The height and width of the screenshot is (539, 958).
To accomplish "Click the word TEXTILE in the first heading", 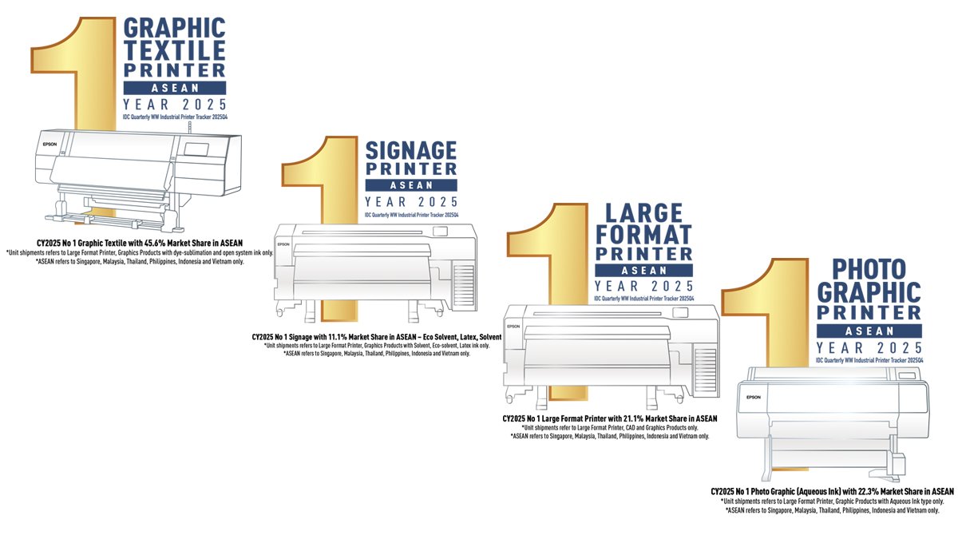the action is point(175,50).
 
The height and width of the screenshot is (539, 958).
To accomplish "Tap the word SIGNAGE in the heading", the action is point(411,151).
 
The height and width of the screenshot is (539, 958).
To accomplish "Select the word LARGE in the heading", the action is point(643,213).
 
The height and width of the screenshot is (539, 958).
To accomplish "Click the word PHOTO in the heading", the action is point(869,269).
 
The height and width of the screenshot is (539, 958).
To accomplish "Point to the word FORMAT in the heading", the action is point(643,235).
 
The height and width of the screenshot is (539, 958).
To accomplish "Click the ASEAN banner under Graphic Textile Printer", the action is point(175,88).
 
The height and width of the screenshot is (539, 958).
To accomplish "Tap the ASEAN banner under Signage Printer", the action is point(411,185).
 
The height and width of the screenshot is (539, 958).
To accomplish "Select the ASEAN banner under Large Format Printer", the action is point(643,271).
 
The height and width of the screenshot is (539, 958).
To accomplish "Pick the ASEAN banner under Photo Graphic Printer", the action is point(869,331).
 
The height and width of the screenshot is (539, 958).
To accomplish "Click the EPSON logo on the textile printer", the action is point(49,145).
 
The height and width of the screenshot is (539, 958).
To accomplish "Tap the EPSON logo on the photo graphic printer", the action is point(754,397).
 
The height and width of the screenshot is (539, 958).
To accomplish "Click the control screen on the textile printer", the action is point(196,149).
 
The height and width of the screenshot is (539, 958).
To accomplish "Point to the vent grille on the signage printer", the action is point(464,285).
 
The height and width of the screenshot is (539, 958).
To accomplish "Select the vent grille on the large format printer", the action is point(705,371).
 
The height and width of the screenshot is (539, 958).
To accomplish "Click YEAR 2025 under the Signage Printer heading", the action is point(411,202).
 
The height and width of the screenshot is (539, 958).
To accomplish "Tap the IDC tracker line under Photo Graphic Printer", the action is point(869,360).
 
